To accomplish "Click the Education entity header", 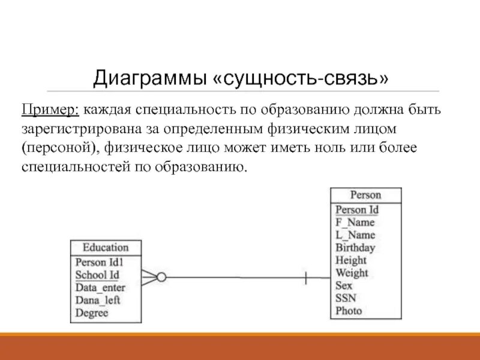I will pos(106,247).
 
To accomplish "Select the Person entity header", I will pos(365,195).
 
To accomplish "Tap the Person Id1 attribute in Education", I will pos(99,262).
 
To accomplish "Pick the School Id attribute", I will pos(97,275).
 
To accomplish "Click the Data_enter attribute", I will pos(100,287).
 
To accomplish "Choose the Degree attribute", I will pos(92,313).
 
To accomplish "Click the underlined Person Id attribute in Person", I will pos(356,209).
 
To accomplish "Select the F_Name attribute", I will pos(355,222).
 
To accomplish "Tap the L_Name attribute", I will pos(355,235).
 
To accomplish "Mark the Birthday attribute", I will pos(355,247).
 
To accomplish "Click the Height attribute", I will pos(351,260).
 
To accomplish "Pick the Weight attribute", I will pos(352,272).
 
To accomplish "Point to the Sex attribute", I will pos(344,285).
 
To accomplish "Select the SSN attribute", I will pos(346,298).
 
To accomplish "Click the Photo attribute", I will pos(349,310).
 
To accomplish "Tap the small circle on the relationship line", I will pos(161,277).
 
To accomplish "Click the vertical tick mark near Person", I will pos(306,277).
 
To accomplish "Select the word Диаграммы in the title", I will pos(149,78).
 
